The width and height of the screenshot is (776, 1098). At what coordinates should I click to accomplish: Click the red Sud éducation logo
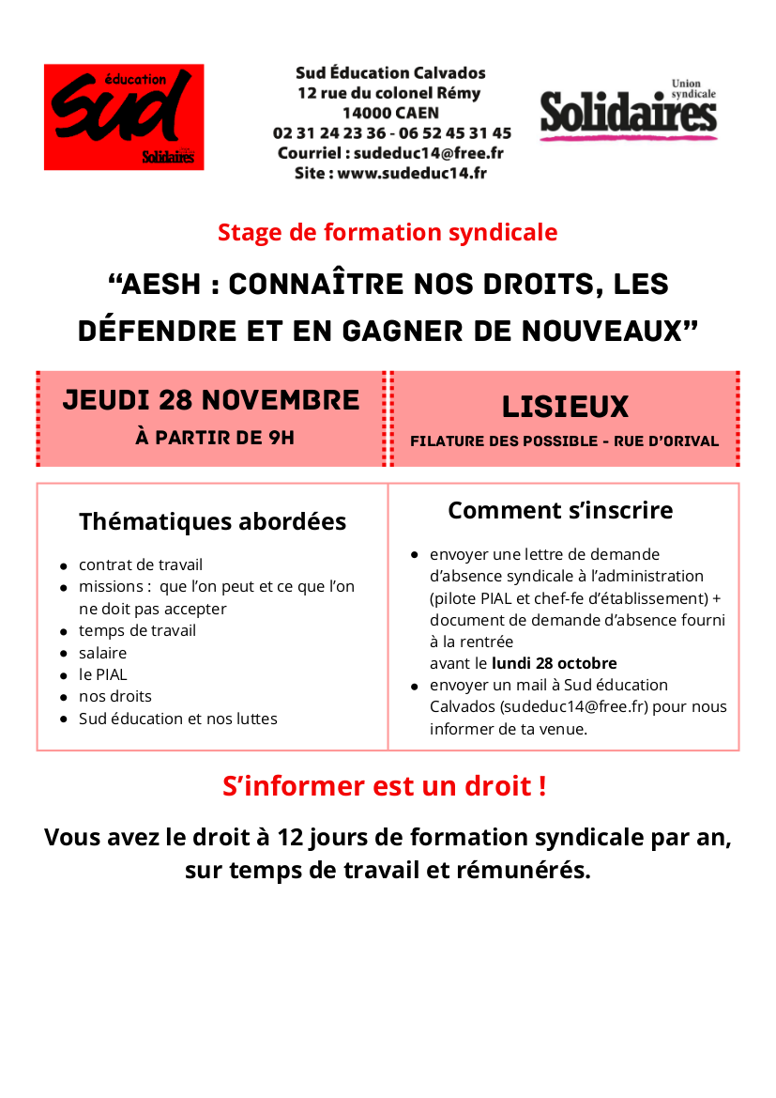(124, 116)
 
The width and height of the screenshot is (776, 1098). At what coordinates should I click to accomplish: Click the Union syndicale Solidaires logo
(628, 111)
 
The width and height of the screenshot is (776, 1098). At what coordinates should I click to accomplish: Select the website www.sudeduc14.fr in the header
(412, 173)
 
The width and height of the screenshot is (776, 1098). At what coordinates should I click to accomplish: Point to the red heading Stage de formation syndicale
(388, 232)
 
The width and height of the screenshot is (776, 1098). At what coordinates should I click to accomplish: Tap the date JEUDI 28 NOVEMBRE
(211, 400)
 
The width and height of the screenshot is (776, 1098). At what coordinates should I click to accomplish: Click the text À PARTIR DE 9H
(215, 438)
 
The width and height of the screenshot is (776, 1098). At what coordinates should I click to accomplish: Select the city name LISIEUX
(565, 407)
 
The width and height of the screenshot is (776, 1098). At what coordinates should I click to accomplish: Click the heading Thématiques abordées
(212, 521)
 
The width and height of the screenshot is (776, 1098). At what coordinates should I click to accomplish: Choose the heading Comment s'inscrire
(560, 510)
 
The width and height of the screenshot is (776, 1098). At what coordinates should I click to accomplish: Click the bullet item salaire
(102, 653)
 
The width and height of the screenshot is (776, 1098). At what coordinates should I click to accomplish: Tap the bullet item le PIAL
(102, 674)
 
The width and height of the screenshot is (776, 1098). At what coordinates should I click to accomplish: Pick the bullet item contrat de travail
(141, 564)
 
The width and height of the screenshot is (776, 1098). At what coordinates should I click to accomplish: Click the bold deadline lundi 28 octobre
(554, 663)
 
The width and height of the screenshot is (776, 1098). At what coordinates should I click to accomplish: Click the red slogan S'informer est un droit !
(384, 786)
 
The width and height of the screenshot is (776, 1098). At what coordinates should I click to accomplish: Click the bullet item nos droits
(114, 696)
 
